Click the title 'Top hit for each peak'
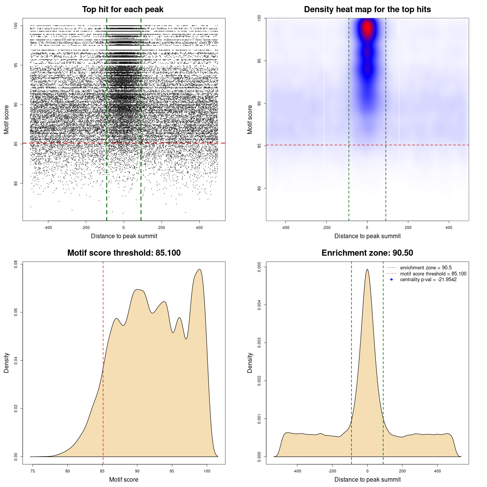(123, 10)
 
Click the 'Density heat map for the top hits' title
(367, 10)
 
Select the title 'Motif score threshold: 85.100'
(124, 253)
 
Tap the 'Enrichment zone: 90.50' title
(367, 253)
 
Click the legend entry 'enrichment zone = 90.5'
(426, 268)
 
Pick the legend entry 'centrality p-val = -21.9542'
(428, 280)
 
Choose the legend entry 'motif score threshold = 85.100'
(433, 274)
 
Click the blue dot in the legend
(392, 280)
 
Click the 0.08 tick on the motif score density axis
(16, 264)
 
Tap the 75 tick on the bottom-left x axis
(33, 471)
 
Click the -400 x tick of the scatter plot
(48, 228)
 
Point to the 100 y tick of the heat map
(259, 18)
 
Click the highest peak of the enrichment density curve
(367, 269)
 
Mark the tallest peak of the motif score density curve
(199, 269)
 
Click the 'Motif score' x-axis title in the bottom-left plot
(124, 479)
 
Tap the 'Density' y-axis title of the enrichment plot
(250, 363)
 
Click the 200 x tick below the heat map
(408, 228)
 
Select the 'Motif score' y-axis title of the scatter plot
(6, 119)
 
